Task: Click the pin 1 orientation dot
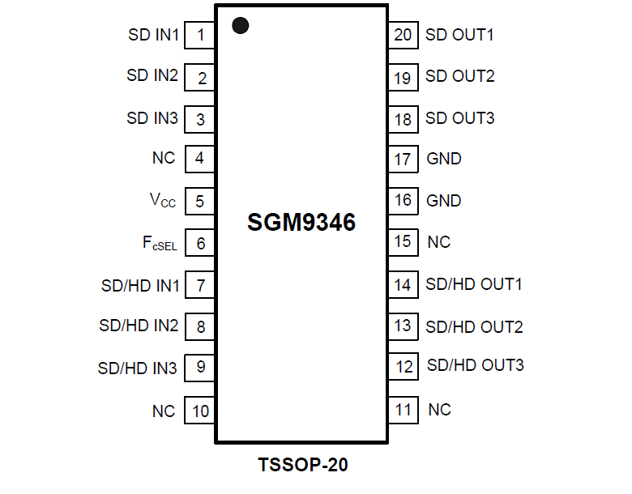click(240, 25)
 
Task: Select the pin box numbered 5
click(199, 201)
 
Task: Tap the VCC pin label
click(163, 201)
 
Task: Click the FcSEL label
click(160, 243)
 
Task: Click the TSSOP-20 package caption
click(303, 466)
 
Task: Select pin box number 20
click(403, 35)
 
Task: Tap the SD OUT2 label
click(460, 76)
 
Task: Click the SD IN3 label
click(152, 118)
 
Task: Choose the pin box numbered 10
click(199, 411)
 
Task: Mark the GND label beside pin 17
click(444, 159)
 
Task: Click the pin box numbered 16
click(403, 200)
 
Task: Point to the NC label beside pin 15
click(439, 242)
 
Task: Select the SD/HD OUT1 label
click(474, 284)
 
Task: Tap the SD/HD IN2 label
click(139, 326)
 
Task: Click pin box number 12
click(403, 367)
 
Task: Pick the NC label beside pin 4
click(164, 158)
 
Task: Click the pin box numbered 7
click(199, 285)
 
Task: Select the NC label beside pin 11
click(439, 410)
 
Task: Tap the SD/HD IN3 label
click(138, 368)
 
